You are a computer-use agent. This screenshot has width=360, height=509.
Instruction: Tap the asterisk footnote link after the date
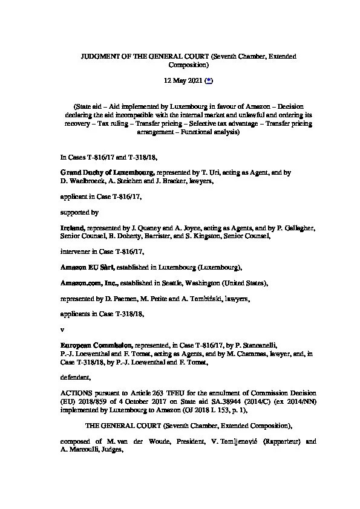209,80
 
